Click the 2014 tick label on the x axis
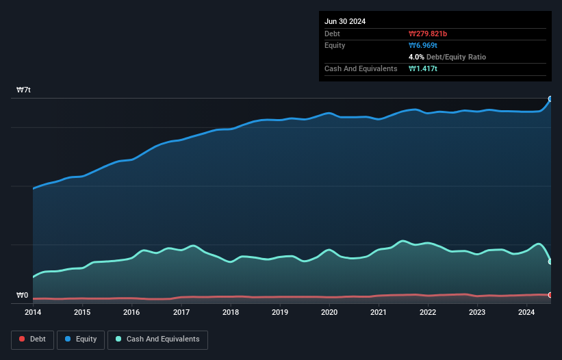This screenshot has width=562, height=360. coord(33,313)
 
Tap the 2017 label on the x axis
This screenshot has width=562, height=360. coord(181,313)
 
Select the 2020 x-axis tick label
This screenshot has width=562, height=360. coord(329,313)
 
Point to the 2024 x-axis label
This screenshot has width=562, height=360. coord(526,313)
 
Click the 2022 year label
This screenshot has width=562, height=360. coord(428,313)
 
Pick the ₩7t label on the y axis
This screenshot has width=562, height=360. coord(23,90)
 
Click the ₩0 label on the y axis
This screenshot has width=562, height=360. coord(23,296)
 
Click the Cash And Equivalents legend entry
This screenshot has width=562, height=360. coord(157,339)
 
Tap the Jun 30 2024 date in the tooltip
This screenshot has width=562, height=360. coord(345,21)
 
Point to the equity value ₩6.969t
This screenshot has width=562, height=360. coord(424,45)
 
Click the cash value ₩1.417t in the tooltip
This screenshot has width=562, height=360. coord(424,68)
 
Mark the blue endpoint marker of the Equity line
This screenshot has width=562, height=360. coord(550,99)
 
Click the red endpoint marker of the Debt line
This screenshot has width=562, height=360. coord(550,295)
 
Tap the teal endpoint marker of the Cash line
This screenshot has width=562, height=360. coord(550,261)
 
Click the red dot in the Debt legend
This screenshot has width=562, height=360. coord(22,339)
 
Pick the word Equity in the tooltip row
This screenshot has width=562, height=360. coord(335,45)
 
